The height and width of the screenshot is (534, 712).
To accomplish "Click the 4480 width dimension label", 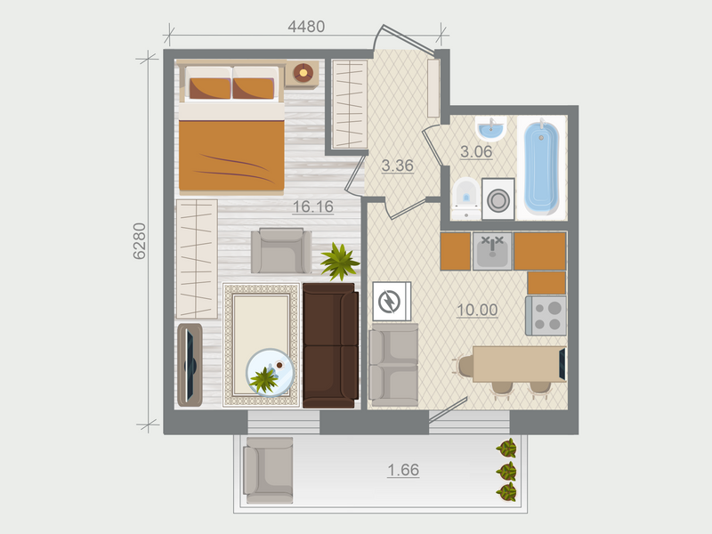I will pos(306,27).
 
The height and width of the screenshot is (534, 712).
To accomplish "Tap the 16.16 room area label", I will pos(312,207).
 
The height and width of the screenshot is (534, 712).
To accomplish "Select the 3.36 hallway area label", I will pos(397,165).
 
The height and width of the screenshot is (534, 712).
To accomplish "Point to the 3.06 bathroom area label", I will pos(476,150).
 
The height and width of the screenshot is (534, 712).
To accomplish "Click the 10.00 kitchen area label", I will pos(476,310).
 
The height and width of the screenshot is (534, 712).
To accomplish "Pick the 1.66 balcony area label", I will pos(403,469).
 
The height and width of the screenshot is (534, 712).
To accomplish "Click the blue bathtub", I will pos(541,168).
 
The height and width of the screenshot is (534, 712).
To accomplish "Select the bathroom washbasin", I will pos(490,130).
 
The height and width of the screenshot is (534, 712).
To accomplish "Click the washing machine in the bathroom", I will pos(498,199).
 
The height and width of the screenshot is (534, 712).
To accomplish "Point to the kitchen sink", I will pos(491,251).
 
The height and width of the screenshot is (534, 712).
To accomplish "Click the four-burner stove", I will pos(546,314).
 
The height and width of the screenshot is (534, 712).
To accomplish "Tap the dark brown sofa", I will pos(330,344).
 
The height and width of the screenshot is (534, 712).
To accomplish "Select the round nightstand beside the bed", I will pos(303,72).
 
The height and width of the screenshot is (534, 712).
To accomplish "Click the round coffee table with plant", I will pos(270,373).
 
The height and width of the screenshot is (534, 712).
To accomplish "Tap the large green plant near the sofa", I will pos(339,260).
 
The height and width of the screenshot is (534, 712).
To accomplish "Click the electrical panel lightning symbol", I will pos(389,303).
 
